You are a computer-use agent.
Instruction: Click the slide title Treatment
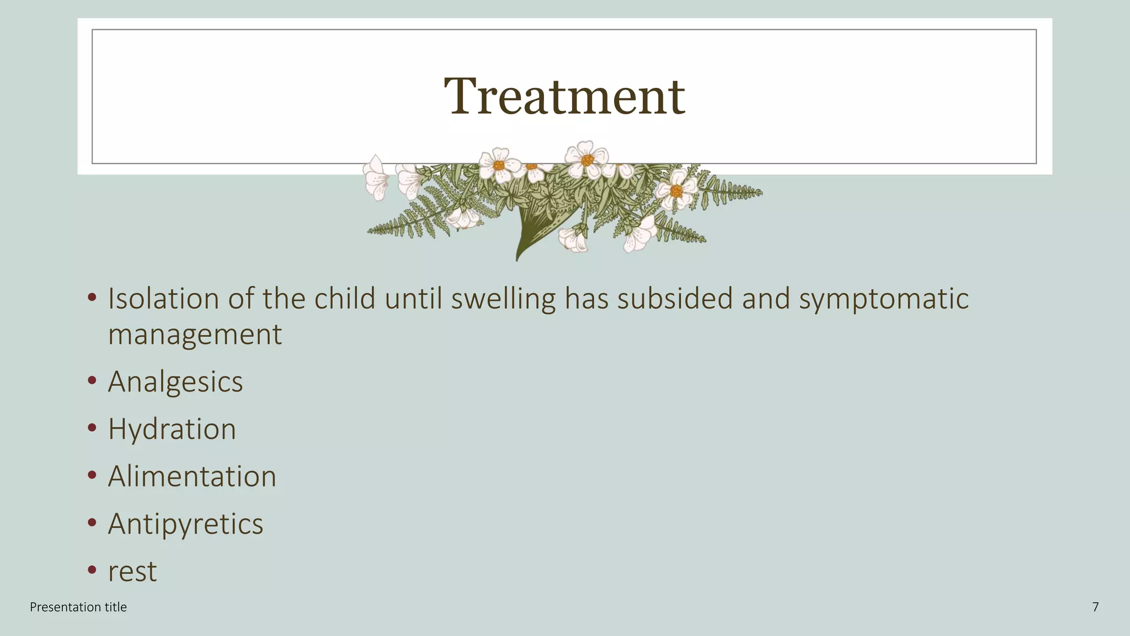(564, 97)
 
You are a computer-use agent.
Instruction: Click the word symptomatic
(883, 299)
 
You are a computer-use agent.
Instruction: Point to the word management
(195, 335)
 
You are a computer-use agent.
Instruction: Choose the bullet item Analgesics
(175, 382)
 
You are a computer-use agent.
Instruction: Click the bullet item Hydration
(172, 430)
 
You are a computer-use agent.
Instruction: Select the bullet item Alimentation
(192, 477)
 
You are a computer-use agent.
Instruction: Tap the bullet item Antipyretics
(185, 524)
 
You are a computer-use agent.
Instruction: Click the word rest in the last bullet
(132, 572)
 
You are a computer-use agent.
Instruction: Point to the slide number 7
(1095, 607)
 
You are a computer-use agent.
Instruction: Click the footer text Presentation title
(78, 607)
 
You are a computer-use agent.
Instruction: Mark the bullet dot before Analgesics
(92, 380)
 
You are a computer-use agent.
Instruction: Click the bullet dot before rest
(92, 570)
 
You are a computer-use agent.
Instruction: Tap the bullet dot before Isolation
(92, 298)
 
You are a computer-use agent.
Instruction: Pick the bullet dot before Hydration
(92, 428)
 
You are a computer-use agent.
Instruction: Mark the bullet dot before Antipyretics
(92, 522)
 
